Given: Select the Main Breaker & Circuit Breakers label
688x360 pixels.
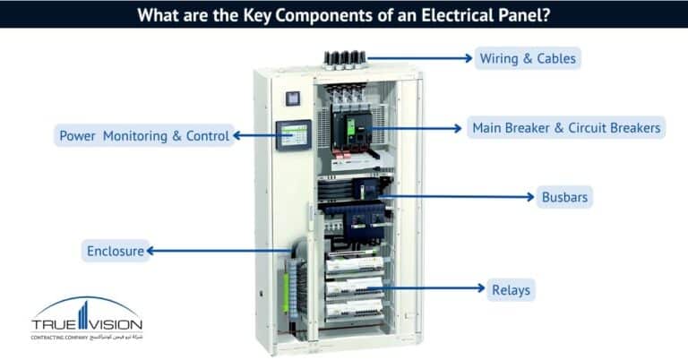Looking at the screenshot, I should tap(566, 128).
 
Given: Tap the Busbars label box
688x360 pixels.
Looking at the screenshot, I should tap(564, 197).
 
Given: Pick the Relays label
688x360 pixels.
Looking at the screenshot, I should tap(511, 289).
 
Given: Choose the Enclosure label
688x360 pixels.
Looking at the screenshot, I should tap(115, 251).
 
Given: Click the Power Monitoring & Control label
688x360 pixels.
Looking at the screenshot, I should tap(144, 136).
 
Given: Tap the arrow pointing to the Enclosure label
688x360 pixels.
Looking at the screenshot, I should tap(219, 252).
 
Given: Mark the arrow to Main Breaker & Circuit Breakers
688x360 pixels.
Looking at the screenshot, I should tap(417, 128).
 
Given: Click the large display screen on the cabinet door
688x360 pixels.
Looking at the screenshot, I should tap(293, 135).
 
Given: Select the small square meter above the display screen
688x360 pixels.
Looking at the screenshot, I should tap(291, 99).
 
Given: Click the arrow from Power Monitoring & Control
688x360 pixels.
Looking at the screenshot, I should tap(254, 136).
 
